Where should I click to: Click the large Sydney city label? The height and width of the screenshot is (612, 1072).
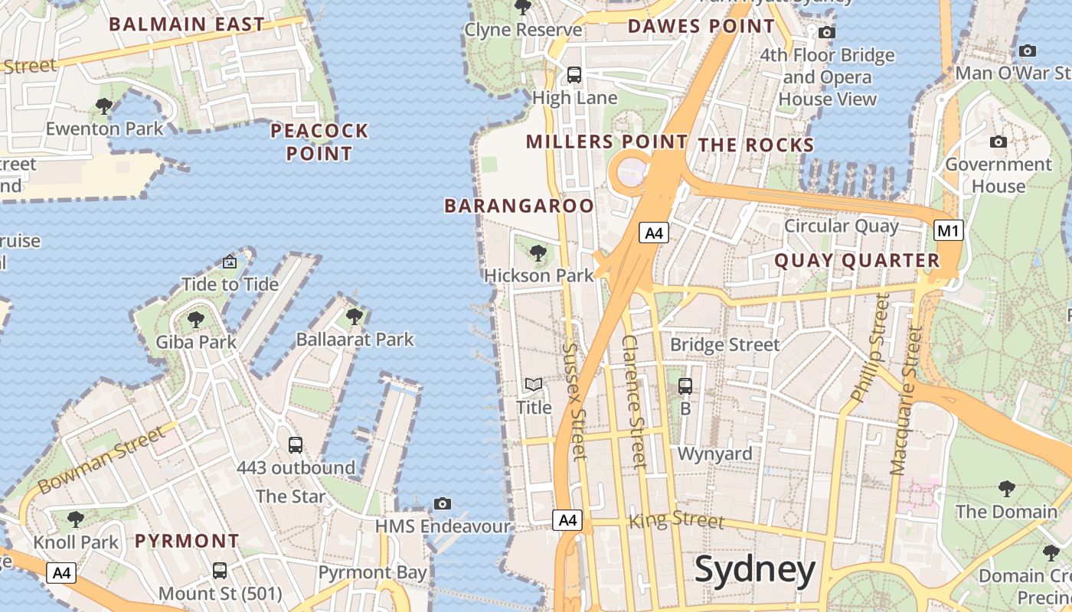point(755,571)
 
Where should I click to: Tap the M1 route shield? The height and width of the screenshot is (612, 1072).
point(948,230)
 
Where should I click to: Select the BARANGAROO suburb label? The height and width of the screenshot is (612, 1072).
point(519,206)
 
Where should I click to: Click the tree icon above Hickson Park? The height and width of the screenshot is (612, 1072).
point(538,252)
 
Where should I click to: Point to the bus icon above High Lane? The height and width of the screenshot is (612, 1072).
point(574,75)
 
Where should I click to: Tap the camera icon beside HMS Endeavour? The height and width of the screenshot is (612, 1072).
point(442,503)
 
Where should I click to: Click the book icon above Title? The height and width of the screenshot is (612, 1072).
point(534,384)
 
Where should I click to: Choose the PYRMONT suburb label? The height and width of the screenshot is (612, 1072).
point(187,541)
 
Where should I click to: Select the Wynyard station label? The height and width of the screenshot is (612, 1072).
point(715,454)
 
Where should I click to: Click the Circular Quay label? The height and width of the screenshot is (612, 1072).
point(841,226)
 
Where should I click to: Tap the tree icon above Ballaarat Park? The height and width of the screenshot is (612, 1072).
point(354,316)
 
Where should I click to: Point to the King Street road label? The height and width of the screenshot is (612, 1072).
point(676,521)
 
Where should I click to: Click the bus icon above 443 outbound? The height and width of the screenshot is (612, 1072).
point(296,444)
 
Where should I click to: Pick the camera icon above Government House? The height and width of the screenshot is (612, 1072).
point(998,142)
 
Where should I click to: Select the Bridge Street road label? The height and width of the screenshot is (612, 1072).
point(724,345)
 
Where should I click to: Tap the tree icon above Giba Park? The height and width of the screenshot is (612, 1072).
point(196,319)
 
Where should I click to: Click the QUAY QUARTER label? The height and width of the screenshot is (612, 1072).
point(857,261)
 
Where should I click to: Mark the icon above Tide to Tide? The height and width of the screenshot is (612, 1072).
point(230,262)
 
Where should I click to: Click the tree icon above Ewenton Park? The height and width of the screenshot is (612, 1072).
point(104,106)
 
